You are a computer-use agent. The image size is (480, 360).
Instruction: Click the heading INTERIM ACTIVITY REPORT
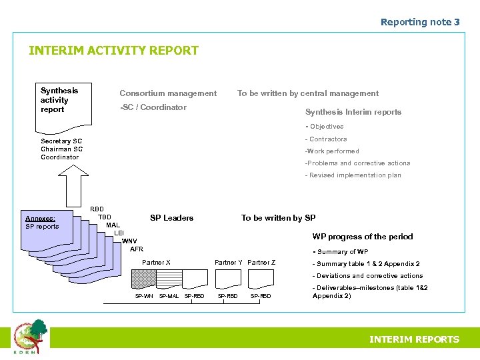pos(113,51)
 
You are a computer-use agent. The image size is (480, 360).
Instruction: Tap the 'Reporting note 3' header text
pos(420,22)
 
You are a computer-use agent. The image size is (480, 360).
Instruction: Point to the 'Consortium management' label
pos(168,93)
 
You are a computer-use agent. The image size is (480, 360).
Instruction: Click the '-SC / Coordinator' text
pos(153,107)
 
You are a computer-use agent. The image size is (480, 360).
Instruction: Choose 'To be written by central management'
pos(308,93)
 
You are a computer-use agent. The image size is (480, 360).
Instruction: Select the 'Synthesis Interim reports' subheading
pos(353,112)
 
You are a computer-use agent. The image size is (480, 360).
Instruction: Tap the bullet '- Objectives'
pos(325,127)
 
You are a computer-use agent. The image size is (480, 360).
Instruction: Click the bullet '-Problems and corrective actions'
pos(357,163)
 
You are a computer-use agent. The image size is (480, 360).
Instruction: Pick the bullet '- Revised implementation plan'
pos(353,175)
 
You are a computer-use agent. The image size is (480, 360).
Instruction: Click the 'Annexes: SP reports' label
pos(41,222)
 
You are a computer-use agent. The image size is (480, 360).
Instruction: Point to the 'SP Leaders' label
pos(171,218)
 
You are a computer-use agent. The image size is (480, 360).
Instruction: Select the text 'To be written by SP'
pos(279,218)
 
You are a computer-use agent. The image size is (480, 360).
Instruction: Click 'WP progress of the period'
pos(363,237)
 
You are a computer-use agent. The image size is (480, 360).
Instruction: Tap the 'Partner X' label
pos(156,263)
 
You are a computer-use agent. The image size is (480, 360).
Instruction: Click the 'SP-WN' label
pos(144,296)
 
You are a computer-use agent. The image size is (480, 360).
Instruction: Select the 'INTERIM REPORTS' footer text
pos(414,339)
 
